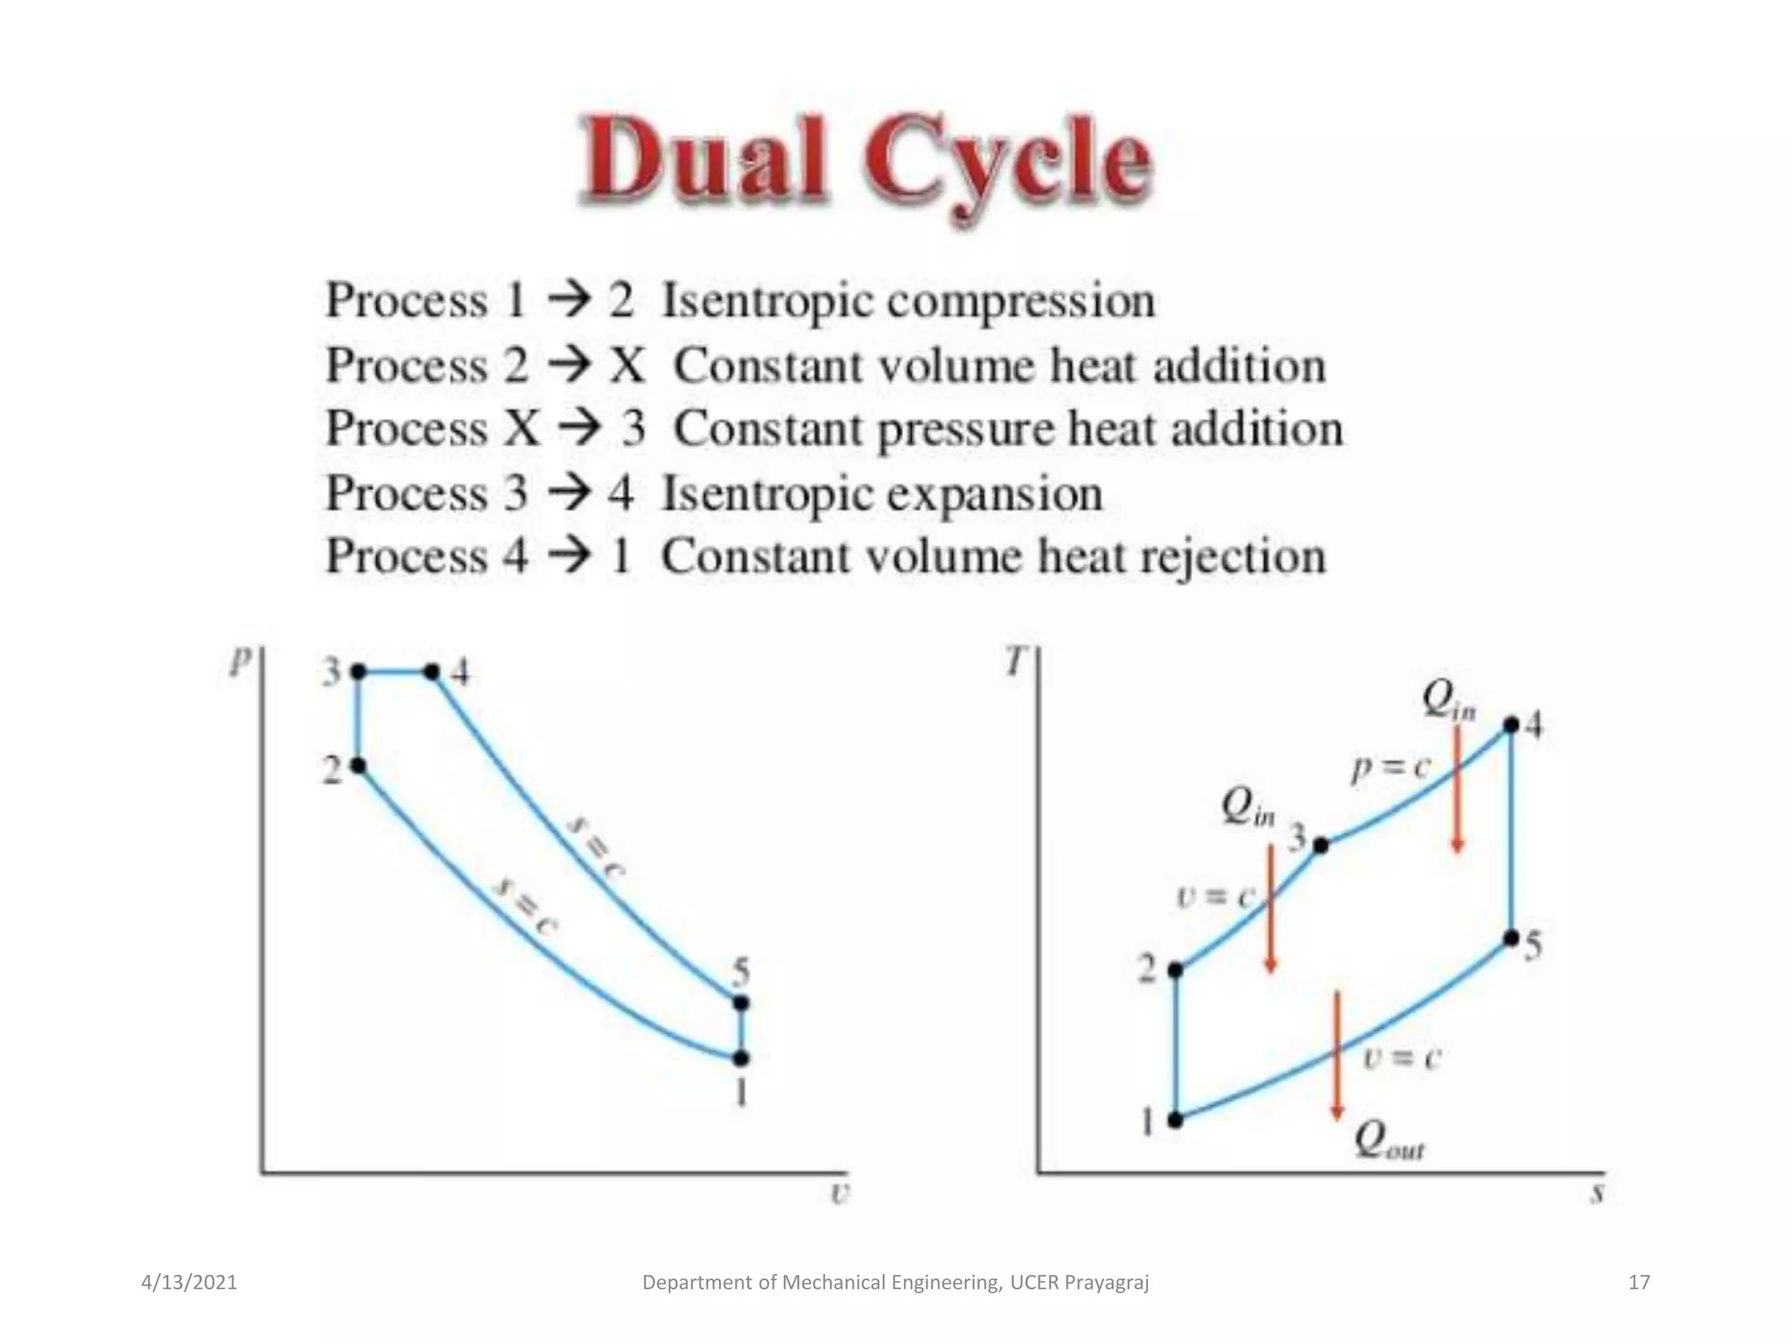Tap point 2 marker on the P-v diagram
358,766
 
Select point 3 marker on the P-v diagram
358,672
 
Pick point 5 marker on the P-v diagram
741,1003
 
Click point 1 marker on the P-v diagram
741,1059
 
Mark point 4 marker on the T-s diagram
1511,725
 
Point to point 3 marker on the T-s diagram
1321,845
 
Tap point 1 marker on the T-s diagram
1176,1120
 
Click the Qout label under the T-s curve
1389,1141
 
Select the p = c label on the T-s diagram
1389,768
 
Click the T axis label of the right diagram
1014,661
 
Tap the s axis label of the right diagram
1597,1193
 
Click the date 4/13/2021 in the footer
189,1283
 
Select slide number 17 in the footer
1639,1283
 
